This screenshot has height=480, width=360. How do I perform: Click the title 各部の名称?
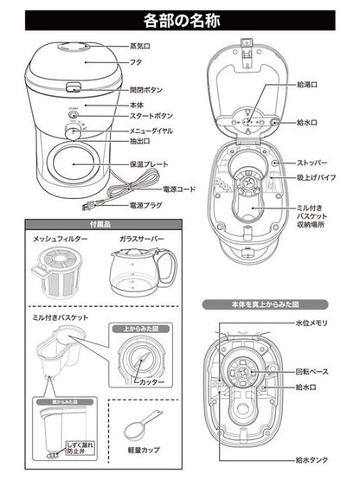coord(179,16)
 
